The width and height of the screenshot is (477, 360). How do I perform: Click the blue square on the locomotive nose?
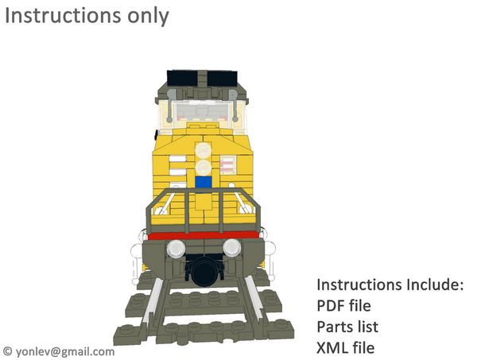pos(204,182)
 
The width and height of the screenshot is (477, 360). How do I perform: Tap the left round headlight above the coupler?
pos(176,247)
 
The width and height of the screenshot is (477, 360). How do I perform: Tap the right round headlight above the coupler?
pos(231,247)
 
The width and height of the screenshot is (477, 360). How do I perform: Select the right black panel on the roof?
pos(222,78)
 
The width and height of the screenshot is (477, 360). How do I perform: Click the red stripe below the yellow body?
pos(204,235)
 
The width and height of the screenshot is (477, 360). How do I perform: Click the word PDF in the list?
pos(332,305)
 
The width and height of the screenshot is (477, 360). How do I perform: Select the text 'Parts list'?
pos(347,327)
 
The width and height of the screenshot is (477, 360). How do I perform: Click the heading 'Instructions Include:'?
pos(390,285)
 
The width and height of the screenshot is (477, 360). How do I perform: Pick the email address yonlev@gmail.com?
pos(64,350)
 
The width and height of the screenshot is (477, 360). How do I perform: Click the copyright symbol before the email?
pos(8,350)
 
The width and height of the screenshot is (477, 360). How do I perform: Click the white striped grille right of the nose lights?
pos(227,165)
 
